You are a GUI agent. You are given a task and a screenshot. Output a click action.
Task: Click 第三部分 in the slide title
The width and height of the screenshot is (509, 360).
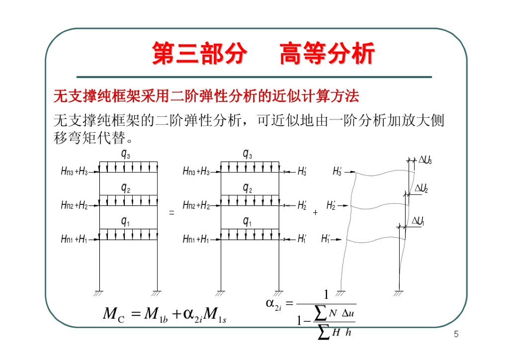pyautogui.click(x=199, y=54)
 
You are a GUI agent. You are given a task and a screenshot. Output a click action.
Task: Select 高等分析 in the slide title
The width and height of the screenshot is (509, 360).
pyautogui.click(x=327, y=54)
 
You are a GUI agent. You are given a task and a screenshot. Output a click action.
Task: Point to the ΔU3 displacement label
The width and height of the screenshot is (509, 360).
pyautogui.click(x=424, y=160)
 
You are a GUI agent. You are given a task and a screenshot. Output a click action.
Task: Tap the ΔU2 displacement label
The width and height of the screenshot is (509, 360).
pyautogui.click(x=421, y=188)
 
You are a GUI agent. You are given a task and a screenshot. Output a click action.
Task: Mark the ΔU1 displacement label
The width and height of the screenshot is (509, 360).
pyautogui.click(x=418, y=221)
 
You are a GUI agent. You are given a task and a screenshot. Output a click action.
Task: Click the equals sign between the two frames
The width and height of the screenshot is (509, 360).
pyautogui.click(x=172, y=213)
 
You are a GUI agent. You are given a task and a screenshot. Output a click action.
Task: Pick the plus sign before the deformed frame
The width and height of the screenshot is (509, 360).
pyautogui.click(x=315, y=213)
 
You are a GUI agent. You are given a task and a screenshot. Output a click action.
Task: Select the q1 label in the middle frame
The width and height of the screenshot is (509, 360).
pyautogui.click(x=247, y=222)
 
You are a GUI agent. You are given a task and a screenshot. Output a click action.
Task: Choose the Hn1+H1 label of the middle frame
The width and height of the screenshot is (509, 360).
pyautogui.click(x=196, y=240)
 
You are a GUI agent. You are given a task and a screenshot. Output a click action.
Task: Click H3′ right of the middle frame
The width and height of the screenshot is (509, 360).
pyautogui.click(x=302, y=172)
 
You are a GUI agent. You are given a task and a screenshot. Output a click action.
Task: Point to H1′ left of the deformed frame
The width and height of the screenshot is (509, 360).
pyautogui.click(x=326, y=239)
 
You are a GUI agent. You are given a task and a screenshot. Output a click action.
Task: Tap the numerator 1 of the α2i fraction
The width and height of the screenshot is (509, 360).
pyautogui.click(x=326, y=295)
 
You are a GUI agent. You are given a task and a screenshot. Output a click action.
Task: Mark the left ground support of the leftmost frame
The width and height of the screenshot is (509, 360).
pyautogui.click(x=99, y=293)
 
